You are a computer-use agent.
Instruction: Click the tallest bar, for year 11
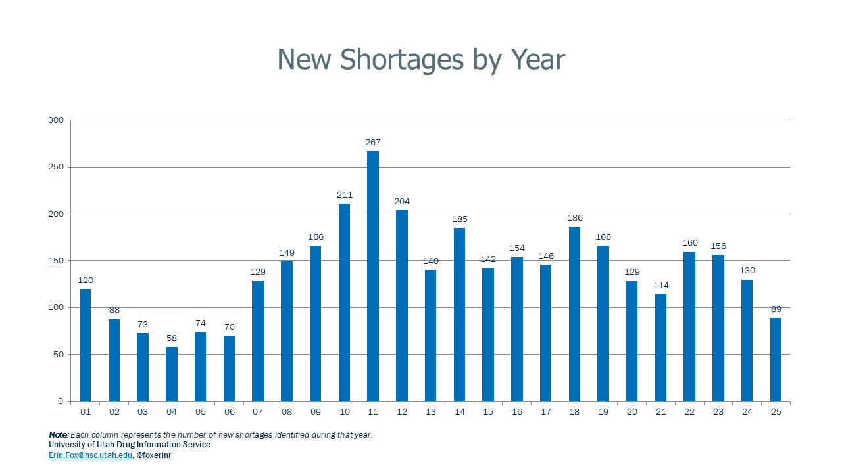click(x=373, y=276)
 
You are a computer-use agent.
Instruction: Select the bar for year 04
click(x=172, y=374)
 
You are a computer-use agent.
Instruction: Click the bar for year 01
click(x=85, y=345)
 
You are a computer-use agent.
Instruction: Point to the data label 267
click(x=373, y=143)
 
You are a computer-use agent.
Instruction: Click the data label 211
click(x=344, y=195)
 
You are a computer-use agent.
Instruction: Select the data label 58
click(x=172, y=338)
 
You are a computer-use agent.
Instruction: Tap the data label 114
click(x=660, y=286)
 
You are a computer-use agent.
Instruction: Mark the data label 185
click(x=459, y=219)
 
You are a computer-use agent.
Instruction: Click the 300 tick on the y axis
click(x=56, y=120)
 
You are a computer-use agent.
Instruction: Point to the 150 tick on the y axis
click(x=56, y=261)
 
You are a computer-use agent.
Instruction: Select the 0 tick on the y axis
click(x=61, y=401)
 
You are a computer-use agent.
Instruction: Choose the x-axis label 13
click(x=430, y=412)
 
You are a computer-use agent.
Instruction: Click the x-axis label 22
click(x=689, y=412)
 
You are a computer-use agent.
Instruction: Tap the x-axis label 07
click(x=258, y=412)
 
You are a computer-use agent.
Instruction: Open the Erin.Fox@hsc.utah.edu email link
click(x=90, y=455)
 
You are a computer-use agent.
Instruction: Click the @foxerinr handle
click(x=153, y=455)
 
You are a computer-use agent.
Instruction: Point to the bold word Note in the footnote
click(x=57, y=435)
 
